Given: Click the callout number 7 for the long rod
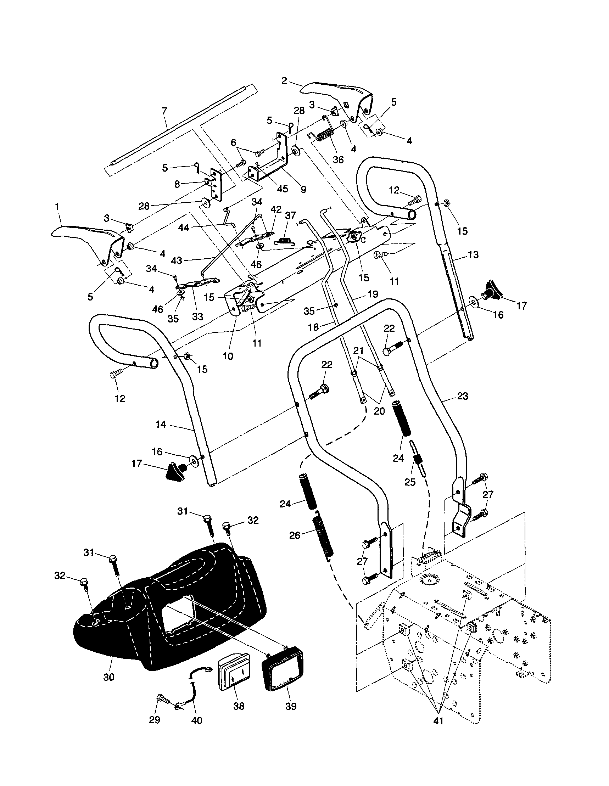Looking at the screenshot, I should click(x=164, y=111).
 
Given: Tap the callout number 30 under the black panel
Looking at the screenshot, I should click(x=108, y=677).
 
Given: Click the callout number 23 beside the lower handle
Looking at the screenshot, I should click(x=463, y=396).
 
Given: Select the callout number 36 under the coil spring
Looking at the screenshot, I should click(x=338, y=159).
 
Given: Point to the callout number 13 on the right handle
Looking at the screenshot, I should click(x=474, y=255).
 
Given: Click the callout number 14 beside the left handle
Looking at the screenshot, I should click(x=161, y=425).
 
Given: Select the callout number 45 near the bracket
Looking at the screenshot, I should click(x=283, y=189).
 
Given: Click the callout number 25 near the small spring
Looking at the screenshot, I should click(x=410, y=482).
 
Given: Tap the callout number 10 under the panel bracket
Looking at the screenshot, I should click(x=228, y=356).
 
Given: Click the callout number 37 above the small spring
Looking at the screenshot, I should click(x=290, y=215).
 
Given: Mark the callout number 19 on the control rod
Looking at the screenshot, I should click(x=373, y=294).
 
